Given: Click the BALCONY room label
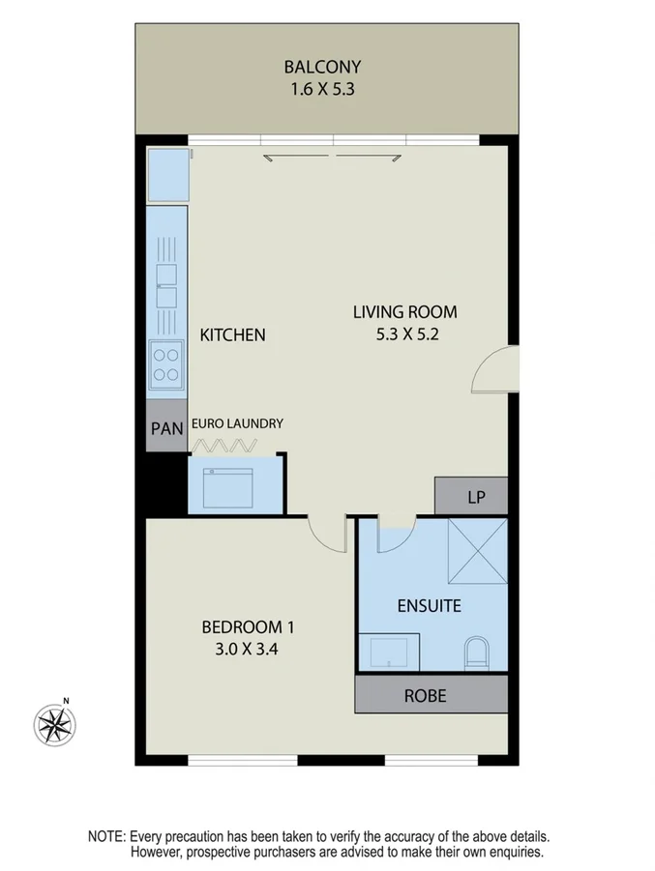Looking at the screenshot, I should click(x=322, y=67).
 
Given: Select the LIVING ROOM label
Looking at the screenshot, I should click(x=403, y=312).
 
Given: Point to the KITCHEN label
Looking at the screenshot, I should click(x=232, y=335).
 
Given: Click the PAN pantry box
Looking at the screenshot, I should click(x=166, y=428).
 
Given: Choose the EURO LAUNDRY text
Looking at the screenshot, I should click(x=237, y=423).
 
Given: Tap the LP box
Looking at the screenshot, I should click(x=474, y=498).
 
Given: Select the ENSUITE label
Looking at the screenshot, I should click(x=429, y=607).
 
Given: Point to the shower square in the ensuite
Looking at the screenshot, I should click(x=476, y=551).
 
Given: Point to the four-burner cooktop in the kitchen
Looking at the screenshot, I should click(x=166, y=363).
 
